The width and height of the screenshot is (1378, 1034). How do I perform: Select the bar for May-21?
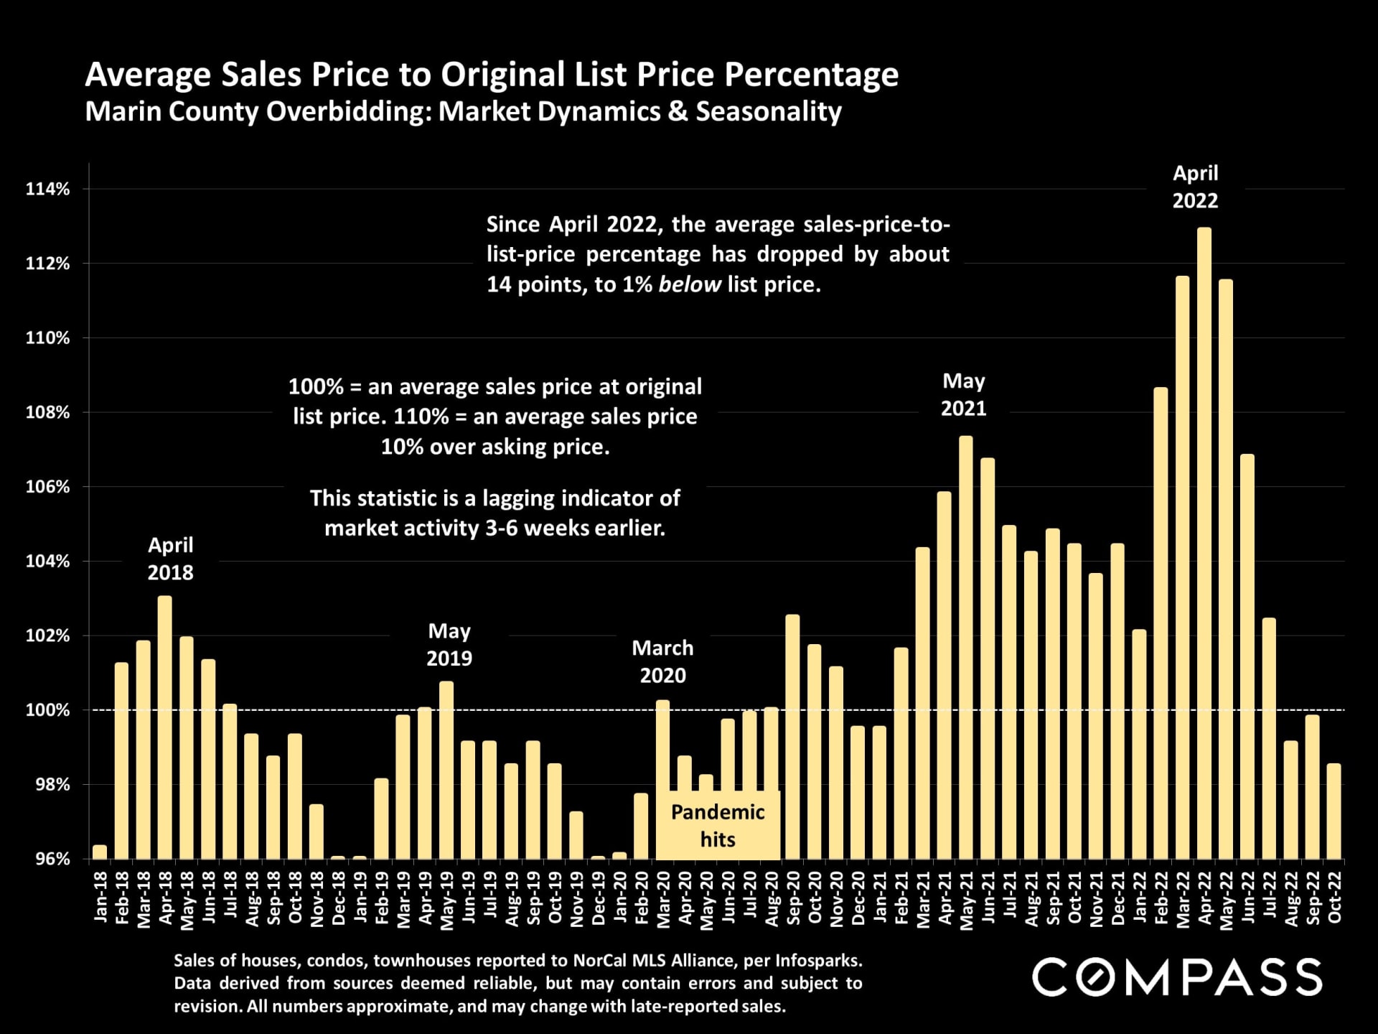pos(966,647)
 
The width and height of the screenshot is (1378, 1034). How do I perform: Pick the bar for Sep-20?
pos(792,737)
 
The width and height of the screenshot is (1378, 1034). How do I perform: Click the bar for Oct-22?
pos(1334,811)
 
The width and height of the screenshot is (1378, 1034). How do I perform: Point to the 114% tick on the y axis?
pos(48,190)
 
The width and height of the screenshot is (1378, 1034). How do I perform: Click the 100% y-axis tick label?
pos(48,710)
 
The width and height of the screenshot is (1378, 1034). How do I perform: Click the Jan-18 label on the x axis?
pos(100,897)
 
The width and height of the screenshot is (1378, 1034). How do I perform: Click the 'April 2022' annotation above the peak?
pos(1195,187)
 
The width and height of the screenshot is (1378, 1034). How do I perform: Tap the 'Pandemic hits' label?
pos(718,826)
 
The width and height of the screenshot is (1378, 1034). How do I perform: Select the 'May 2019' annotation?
pos(449,645)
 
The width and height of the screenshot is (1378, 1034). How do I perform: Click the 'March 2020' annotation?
pos(662,661)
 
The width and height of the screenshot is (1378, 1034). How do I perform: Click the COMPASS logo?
pos(1177,977)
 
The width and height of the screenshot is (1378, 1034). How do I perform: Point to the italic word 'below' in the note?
pos(689,285)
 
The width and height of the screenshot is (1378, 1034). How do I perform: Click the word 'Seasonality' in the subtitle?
pos(768,112)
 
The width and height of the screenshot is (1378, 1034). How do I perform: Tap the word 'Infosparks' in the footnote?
pos(817,961)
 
